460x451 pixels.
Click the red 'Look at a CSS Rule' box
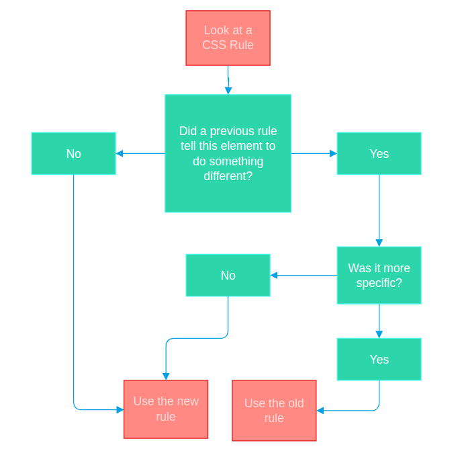point(228,38)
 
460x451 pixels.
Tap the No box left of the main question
point(73,153)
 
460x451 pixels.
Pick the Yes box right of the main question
point(379,153)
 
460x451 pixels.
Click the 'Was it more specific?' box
point(379,276)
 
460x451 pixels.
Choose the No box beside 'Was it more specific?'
point(228,276)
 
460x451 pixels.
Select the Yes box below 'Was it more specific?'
point(379,359)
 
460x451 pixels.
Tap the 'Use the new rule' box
point(166,409)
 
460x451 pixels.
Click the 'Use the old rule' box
point(274,410)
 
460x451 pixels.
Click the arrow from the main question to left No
point(140,153)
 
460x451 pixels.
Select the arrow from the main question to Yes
point(314,153)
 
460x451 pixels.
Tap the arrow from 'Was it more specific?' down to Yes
point(379,321)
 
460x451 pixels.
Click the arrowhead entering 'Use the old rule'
point(320,410)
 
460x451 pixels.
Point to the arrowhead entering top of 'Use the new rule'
point(166,376)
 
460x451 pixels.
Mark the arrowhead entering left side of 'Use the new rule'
point(120,409)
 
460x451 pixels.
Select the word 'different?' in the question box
point(228,176)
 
